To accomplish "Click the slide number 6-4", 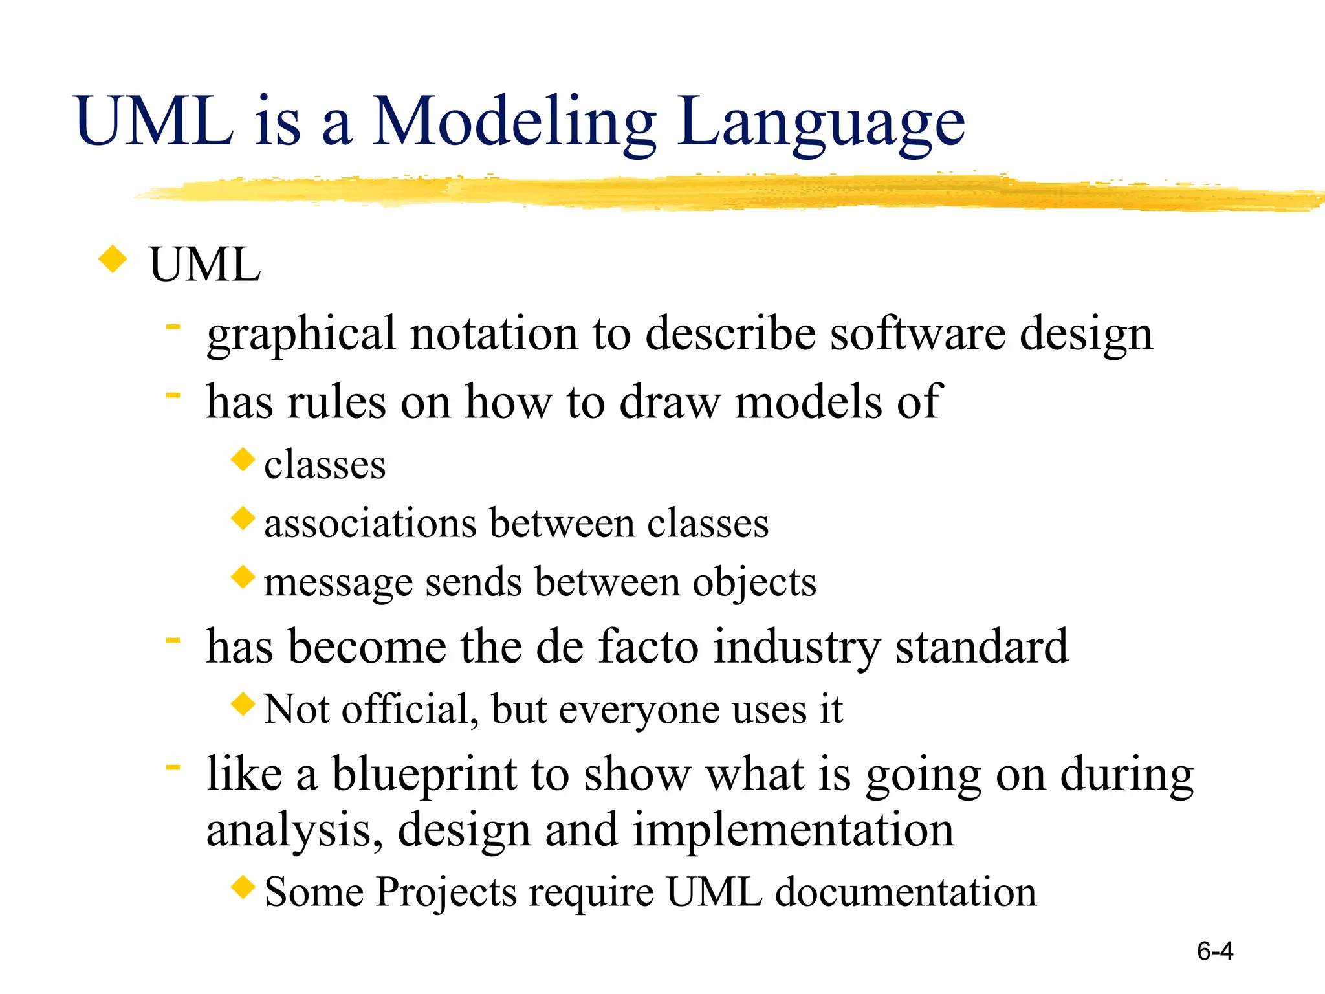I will pos(1214,951).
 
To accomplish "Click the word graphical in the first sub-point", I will pos(300,335).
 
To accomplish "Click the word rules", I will pos(336,403).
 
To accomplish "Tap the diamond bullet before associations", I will pos(243,518).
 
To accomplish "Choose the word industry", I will pos(796,648).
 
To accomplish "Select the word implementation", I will pos(793,830).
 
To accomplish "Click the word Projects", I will pos(446,892).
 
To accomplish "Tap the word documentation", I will pos(906,892).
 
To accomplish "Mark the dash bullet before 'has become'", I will pos(172,640).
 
